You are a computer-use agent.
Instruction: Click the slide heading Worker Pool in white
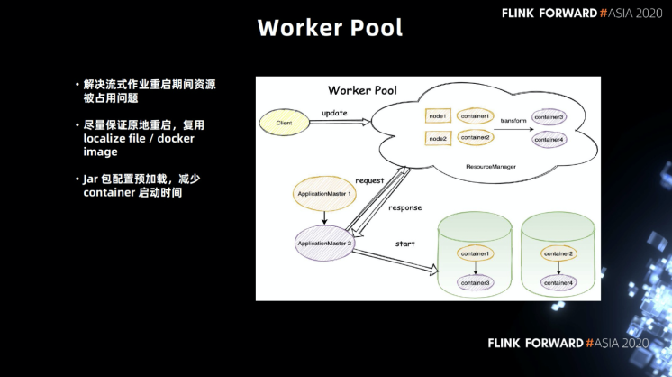[330, 28]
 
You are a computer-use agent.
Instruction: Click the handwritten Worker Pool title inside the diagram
[362, 90]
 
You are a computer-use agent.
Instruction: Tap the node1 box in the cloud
[438, 116]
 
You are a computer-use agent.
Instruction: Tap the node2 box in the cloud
[438, 138]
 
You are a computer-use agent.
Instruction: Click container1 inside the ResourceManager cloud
[476, 116]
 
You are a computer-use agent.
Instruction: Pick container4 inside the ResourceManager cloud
[549, 140]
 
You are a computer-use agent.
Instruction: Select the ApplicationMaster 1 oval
[323, 194]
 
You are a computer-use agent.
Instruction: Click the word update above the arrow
[334, 114]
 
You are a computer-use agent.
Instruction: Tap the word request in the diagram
[369, 180]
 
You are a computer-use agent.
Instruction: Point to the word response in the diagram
[404, 207]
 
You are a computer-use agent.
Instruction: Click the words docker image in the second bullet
[135, 145]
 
